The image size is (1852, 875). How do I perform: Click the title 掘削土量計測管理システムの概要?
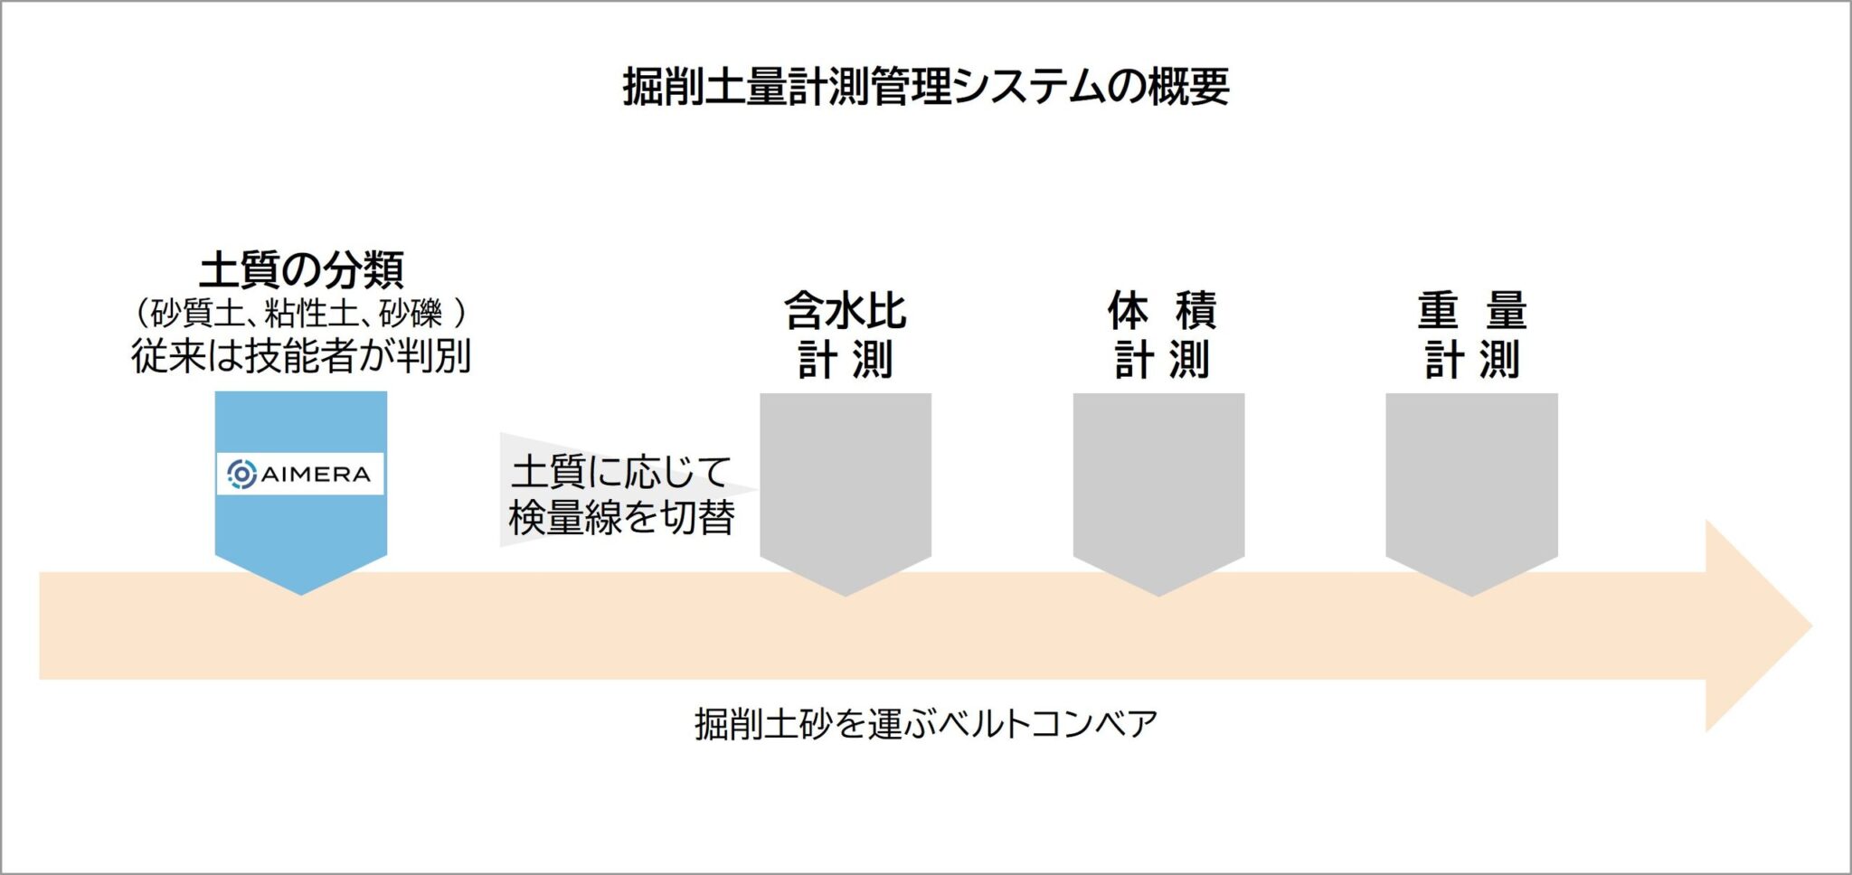point(926,88)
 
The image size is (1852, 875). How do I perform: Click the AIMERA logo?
point(300,474)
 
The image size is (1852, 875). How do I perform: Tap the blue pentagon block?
point(301,493)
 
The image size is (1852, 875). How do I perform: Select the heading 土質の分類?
point(301,269)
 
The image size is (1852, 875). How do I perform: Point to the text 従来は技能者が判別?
point(301,355)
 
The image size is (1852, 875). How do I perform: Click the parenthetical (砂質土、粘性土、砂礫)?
point(301,314)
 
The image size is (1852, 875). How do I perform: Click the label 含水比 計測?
point(846,334)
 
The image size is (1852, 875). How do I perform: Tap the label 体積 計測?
point(1161,334)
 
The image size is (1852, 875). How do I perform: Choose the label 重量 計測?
point(1472,334)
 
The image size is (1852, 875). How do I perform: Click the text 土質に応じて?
point(621,472)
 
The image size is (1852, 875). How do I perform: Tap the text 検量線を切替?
point(621,517)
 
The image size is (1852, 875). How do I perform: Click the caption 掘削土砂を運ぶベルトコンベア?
point(926,724)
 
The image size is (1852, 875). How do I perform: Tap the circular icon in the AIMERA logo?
point(241,474)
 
